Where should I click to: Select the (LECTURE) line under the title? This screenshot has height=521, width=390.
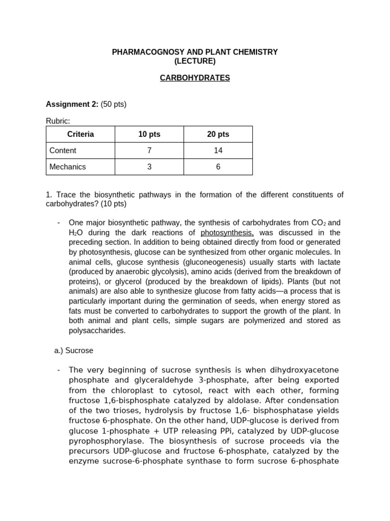pyautogui.click(x=194, y=61)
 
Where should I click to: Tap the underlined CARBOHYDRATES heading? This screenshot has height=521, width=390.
pyautogui.click(x=195, y=78)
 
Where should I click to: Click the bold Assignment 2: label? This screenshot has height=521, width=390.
pyautogui.click(x=72, y=104)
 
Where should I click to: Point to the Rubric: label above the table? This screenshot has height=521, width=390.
pyautogui.click(x=58, y=121)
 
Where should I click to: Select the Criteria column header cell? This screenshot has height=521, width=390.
pyautogui.click(x=80, y=134)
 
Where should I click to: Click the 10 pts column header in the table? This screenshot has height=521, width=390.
pyautogui.click(x=149, y=134)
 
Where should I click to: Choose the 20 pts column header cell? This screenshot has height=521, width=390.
pyautogui.click(x=218, y=134)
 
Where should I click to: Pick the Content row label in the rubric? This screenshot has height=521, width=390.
pyautogui.click(x=63, y=151)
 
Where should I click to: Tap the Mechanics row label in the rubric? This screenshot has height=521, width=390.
pyautogui.click(x=68, y=166)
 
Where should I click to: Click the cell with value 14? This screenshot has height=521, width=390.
pyautogui.click(x=218, y=151)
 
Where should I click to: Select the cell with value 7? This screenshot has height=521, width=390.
pyautogui.click(x=149, y=151)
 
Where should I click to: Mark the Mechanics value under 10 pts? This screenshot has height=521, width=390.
pyautogui.click(x=149, y=166)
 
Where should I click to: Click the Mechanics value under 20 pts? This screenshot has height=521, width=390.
pyautogui.click(x=218, y=166)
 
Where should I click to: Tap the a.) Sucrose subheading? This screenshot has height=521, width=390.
pyautogui.click(x=74, y=351)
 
